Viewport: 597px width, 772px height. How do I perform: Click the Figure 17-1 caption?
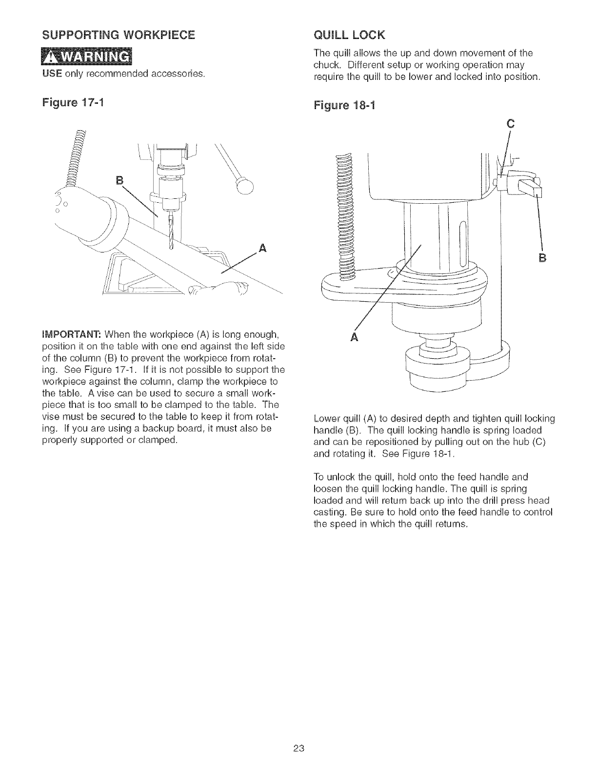[x=80, y=104]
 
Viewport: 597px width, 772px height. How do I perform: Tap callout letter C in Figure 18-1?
[x=511, y=124]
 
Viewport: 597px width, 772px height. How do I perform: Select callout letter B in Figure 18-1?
[x=541, y=258]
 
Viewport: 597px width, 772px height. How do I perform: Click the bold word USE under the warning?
[x=51, y=75]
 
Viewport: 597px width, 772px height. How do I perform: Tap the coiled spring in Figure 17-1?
[x=77, y=156]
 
